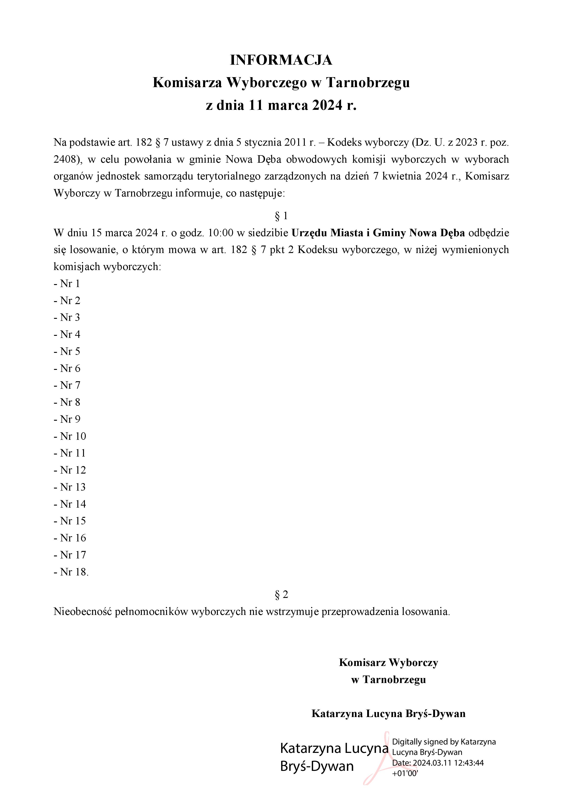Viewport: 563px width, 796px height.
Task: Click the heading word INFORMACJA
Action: tap(281, 60)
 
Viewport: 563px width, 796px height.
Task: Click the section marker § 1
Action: tap(281, 216)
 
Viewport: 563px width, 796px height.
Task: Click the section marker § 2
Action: tap(281, 595)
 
